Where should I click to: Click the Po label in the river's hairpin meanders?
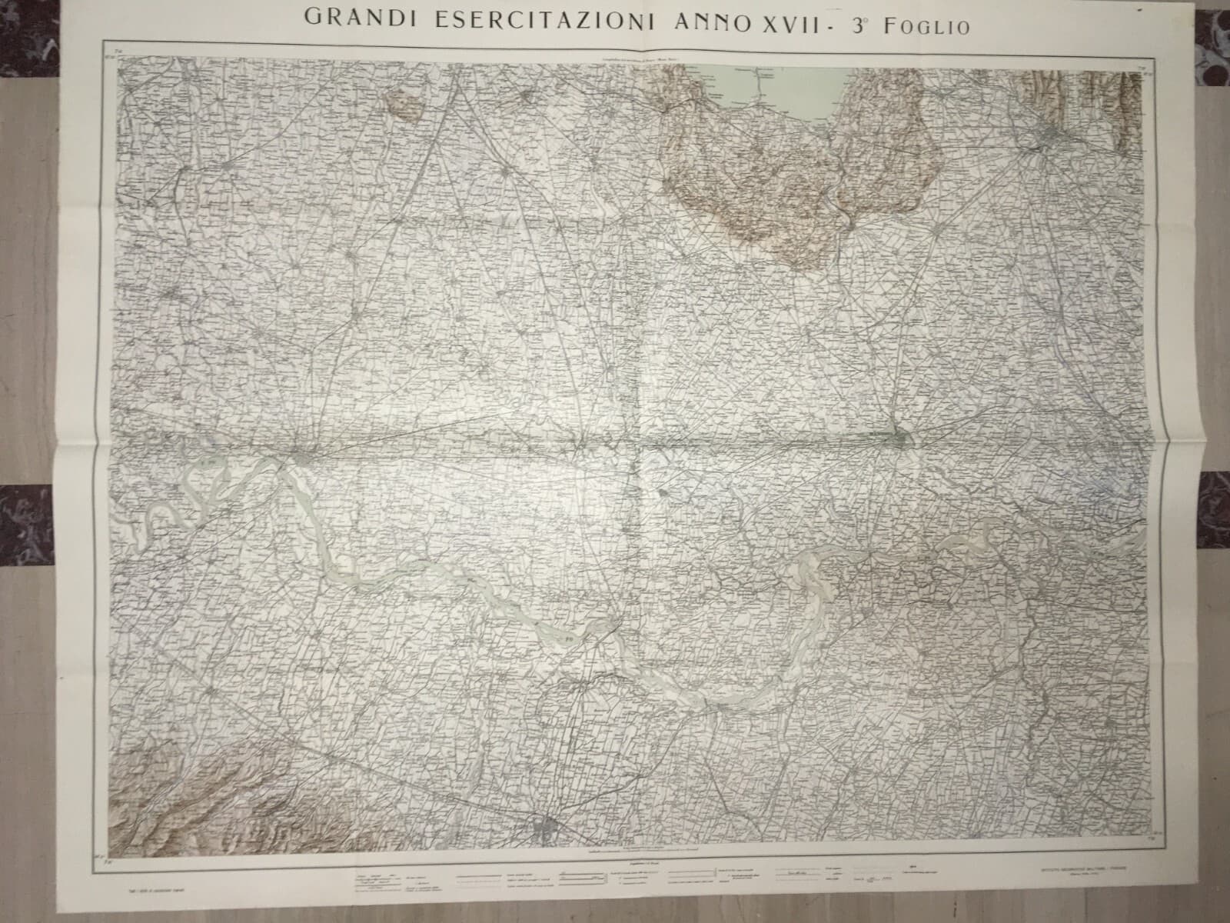point(570,638)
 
